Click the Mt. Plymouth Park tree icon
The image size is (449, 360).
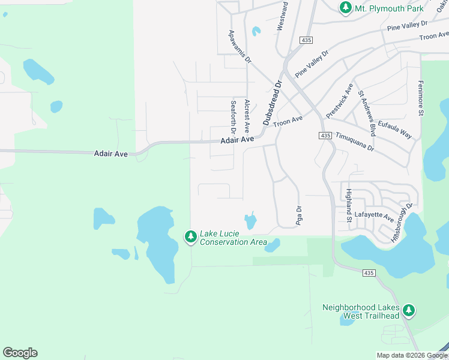coord(346,8)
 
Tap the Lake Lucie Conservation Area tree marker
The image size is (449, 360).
coord(191,238)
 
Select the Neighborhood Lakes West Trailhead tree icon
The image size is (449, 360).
coord(409,310)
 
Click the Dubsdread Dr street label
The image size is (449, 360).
coord(271,103)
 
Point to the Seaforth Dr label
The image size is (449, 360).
coord(234,117)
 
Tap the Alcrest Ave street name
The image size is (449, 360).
coord(247,116)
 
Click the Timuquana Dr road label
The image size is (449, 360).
coord(355,142)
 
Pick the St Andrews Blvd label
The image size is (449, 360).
coord(367,112)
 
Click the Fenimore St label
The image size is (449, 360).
coord(421,98)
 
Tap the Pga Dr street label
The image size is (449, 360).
coord(298,216)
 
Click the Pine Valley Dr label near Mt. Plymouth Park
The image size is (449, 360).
coord(407,25)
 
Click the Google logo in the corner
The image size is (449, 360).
coord(20,353)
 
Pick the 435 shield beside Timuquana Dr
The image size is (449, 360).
coord(325,136)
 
